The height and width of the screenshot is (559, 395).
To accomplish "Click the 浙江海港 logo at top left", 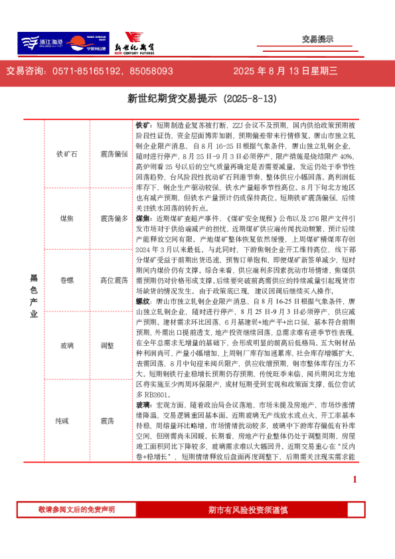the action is pyautogui.click(x=40, y=43).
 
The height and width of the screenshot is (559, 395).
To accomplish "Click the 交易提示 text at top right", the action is pyautogui.click(x=317, y=39).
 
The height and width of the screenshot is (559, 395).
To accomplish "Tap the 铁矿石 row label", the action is pyautogui.click(x=67, y=154).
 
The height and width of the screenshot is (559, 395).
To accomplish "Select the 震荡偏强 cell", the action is pyautogui.click(x=114, y=154).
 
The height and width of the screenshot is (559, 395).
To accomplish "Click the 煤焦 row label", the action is pyautogui.click(x=67, y=218).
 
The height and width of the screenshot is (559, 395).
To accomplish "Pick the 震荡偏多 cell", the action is pyautogui.click(x=114, y=218).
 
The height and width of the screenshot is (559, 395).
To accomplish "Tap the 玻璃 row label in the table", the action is pyautogui.click(x=67, y=345).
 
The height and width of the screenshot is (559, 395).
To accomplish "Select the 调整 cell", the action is pyautogui.click(x=108, y=345).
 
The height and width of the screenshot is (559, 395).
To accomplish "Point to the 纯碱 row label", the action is pyautogui.click(x=67, y=421).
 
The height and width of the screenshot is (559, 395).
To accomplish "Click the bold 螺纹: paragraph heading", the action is pyautogui.click(x=144, y=301).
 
